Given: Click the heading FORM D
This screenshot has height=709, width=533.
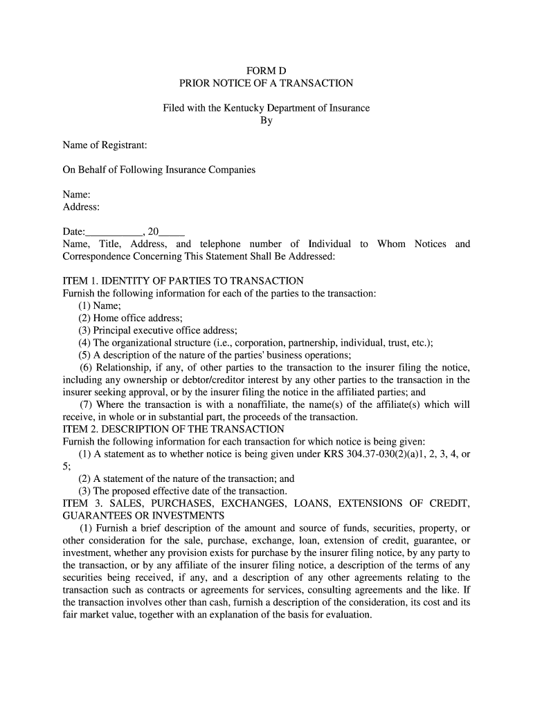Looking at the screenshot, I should click(x=266, y=71).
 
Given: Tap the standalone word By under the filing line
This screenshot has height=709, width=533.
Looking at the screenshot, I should click(x=266, y=120).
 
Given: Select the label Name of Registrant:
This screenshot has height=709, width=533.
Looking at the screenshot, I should click(x=105, y=145).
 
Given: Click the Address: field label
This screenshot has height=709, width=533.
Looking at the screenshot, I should click(x=82, y=207).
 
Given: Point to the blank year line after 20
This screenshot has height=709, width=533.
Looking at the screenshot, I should click(x=172, y=232).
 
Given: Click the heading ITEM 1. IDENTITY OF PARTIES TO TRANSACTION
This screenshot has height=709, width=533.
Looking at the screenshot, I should click(x=183, y=281).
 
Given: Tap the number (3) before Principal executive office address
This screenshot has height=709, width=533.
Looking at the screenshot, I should click(x=84, y=331).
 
